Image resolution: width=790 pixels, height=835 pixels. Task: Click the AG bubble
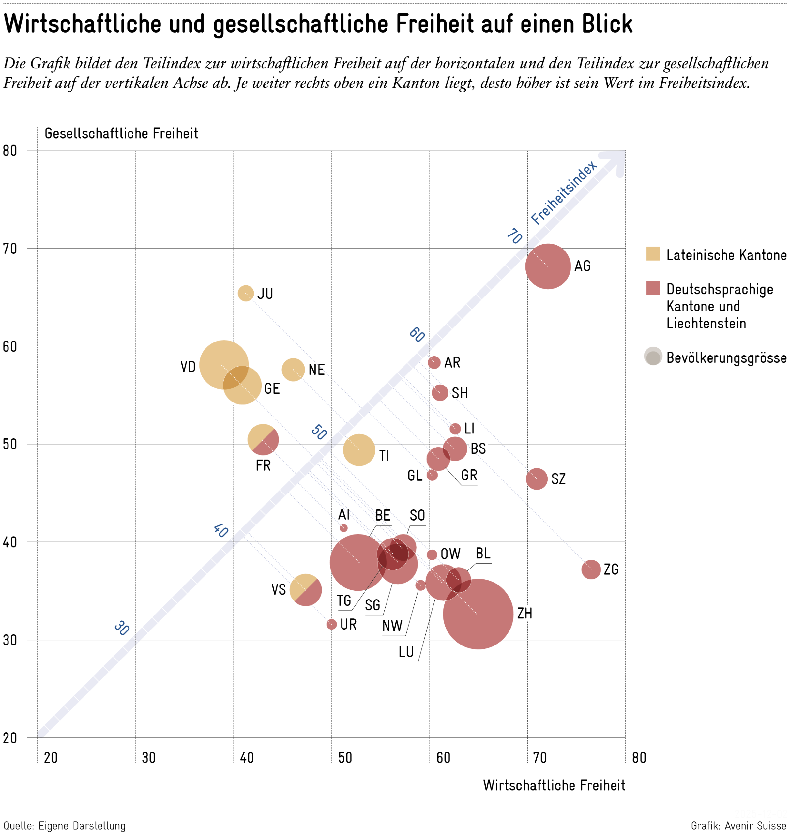click(x=547, y=266)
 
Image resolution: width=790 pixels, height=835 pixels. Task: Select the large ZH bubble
click(x=478, y=614)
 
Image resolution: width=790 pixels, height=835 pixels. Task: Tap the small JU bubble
click(x=246, y=293)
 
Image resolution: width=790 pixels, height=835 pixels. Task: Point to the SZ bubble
click(x=537, y=479)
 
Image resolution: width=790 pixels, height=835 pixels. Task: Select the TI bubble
click(x=359, y=450)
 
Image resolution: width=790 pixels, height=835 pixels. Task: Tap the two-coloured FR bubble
click(x=263, y=440)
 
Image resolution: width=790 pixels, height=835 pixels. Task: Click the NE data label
click(x=316, y=370)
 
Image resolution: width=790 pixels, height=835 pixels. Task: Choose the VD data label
click(x=188, y=367)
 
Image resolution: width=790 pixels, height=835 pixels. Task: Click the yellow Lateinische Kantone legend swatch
click(x=653, y=254)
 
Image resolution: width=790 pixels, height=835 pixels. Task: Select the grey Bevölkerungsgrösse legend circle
click(x=653, y=357)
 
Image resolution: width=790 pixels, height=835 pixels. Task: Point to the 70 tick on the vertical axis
click(x=10, y=249)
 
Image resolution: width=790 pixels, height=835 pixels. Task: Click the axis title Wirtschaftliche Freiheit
click(x=554, y=785)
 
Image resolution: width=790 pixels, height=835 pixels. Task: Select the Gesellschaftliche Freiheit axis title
click(x=121, y=133)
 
